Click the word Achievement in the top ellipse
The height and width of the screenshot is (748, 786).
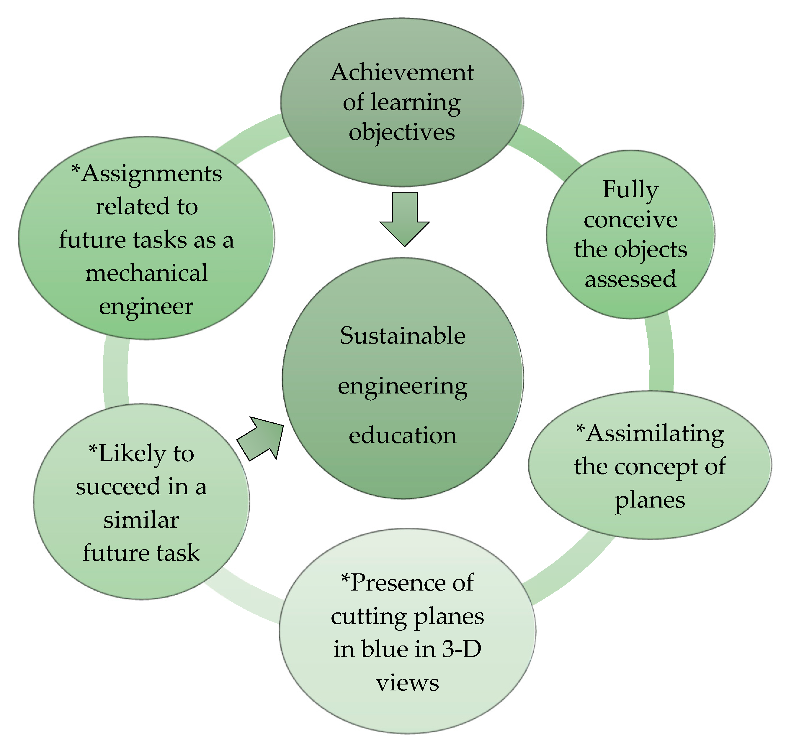click(x=402, y=73)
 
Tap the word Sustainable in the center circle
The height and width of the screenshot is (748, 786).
click(x=402, y=336)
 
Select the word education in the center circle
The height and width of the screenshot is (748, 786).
click(x=402, y=435)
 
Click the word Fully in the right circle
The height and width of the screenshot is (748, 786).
click(x=630, y=190)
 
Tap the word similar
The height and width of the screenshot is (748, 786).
click(x=141, y=520)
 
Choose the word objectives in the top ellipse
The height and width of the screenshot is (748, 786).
click(x=402, y=132)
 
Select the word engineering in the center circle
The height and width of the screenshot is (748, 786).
click(x=402, y=387)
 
